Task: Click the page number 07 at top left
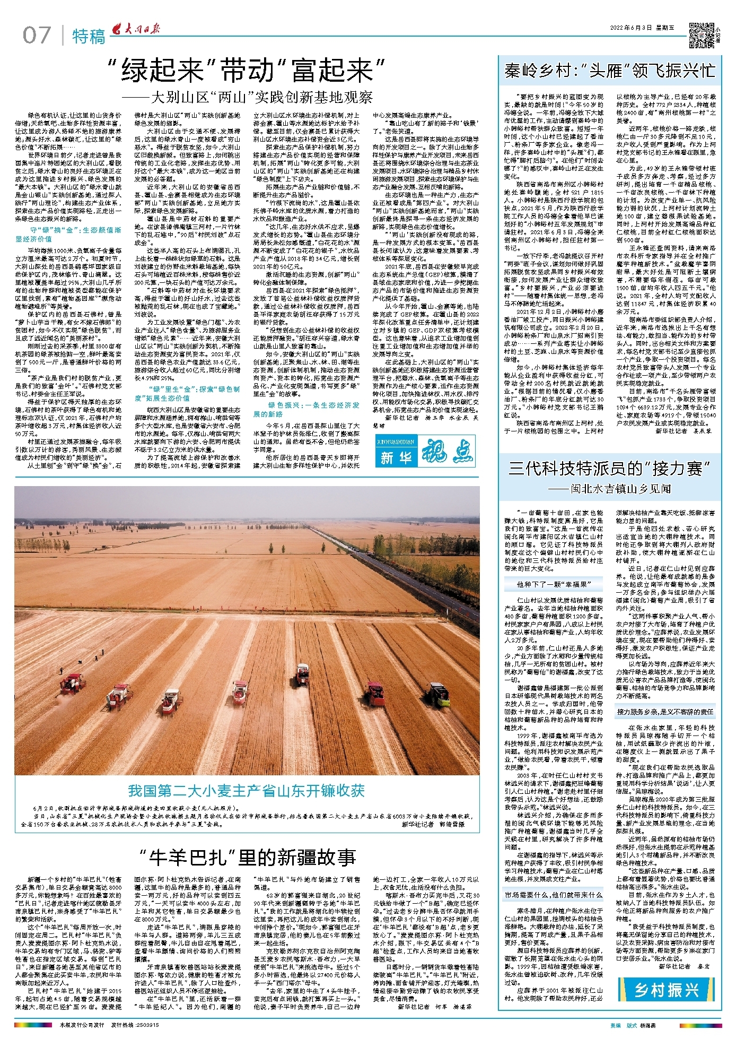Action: [37, 36]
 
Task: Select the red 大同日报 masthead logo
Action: [134, 31]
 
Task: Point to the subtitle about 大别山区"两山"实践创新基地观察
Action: [247, 98]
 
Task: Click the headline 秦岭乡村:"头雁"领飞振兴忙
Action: [610, 71]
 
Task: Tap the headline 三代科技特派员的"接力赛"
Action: [610, 468]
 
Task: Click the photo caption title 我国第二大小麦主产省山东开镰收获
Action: [247, 791]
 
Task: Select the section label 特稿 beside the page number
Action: [89, 37]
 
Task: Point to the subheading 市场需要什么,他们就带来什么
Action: [553, 895]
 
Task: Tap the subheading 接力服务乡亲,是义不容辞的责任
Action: [665, 712]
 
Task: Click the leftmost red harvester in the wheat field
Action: [73, 684]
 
